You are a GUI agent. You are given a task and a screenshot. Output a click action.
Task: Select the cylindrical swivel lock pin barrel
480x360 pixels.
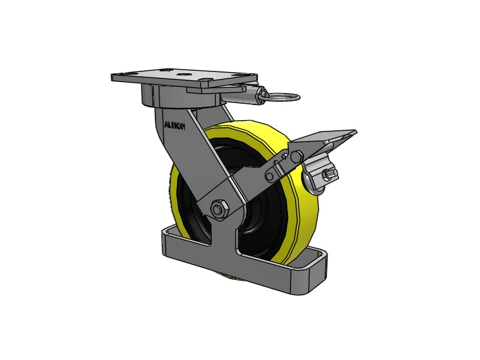point(263,95)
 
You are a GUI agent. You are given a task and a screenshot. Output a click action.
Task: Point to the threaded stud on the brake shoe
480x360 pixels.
point(328,175)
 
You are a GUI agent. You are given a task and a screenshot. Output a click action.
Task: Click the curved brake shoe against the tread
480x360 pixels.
point(312,181)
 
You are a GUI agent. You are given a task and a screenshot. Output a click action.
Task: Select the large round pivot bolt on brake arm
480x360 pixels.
point(295,156)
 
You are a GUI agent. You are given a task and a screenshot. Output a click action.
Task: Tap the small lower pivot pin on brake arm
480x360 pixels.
point(271,175)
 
